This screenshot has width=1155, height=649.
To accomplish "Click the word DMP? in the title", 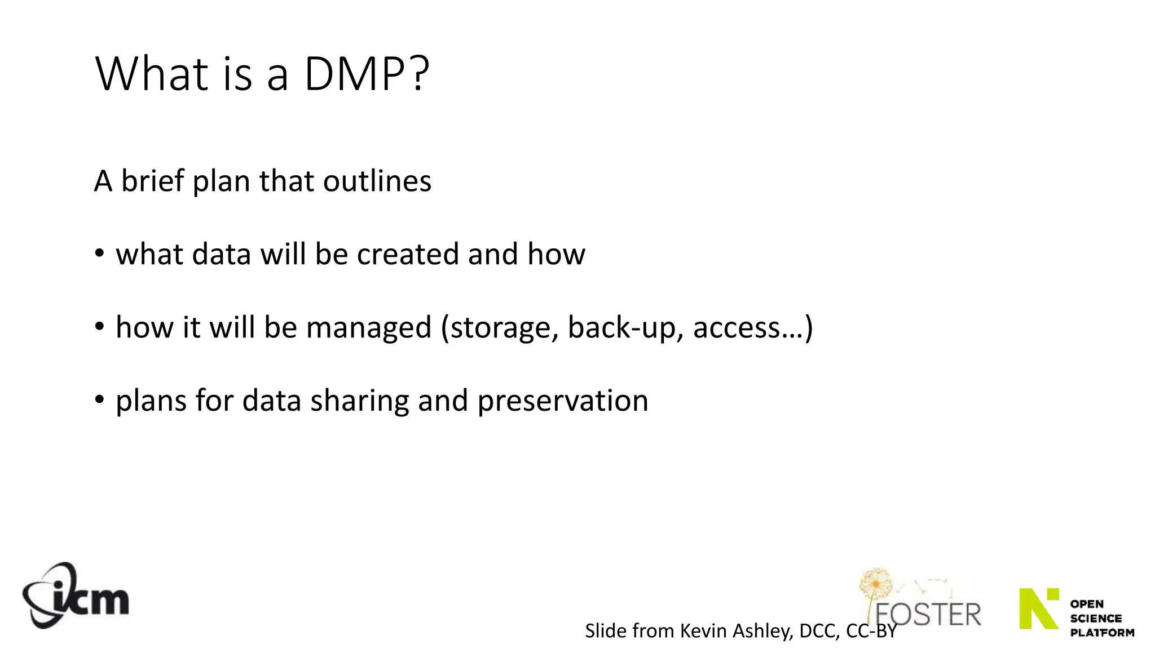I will pos(367,74).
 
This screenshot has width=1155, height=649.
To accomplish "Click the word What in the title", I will pos(152,74).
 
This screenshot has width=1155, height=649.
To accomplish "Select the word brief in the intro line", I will pos(153,181).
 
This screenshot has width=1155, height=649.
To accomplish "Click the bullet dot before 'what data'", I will pos(100,254).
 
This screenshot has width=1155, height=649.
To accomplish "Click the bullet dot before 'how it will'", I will pos(100,327).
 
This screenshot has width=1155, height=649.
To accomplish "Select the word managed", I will pos(368,328).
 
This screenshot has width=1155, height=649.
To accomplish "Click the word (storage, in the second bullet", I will pos(500,328).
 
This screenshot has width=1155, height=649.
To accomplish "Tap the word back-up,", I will pos(625,328).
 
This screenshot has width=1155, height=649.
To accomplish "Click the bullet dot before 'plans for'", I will pos(100,400).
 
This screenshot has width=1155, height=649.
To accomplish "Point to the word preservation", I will pos(563,402).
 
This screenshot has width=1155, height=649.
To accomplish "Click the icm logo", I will pos(76,595).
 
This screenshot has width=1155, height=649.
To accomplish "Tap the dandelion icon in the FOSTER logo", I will pos(875,586).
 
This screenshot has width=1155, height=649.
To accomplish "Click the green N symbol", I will pos(1039,608).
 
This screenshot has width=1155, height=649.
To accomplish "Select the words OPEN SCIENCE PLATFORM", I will pos(1101,618).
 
